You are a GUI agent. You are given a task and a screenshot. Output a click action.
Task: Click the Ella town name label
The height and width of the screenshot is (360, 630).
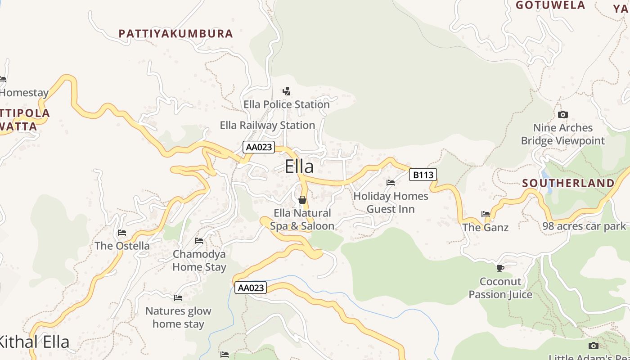point(299,167)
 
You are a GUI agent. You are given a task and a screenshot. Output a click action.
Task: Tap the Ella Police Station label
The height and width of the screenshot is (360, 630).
point(287,104)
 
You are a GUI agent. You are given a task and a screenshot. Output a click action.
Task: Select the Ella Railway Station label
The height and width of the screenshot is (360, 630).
point(267,125)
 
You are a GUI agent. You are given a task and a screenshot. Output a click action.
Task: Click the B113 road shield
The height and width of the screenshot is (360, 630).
point(423,175)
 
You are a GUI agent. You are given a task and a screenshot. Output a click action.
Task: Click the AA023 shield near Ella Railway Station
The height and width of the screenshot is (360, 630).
point(259,147)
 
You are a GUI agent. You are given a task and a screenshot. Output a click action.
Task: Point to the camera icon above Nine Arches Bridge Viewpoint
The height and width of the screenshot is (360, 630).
point(562,115)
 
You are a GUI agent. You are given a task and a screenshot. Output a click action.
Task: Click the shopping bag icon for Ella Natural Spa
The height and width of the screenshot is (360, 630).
point(302,199)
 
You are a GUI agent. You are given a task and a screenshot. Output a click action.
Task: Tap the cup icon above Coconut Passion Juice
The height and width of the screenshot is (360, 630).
point(500,269)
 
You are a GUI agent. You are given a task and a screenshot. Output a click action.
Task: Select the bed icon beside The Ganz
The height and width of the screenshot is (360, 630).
point(486,214)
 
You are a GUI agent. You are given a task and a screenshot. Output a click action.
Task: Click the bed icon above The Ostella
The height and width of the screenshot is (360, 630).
point(122,233)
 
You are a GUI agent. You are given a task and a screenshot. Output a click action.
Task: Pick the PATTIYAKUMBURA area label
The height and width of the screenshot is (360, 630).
point(176,34)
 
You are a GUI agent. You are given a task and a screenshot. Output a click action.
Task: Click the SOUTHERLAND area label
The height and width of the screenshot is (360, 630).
point(568,183)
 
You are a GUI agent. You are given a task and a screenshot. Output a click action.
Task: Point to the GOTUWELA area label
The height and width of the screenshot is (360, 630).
point(550,5)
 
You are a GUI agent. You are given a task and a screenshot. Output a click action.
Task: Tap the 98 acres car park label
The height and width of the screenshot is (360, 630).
point(584,226)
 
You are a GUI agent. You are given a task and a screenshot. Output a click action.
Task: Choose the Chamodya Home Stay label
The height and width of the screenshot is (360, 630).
point(199,261)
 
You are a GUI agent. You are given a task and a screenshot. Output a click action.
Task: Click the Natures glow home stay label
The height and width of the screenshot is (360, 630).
point(178,317)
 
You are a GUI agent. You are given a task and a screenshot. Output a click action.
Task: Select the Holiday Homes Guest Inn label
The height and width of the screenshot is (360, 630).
point(391,202)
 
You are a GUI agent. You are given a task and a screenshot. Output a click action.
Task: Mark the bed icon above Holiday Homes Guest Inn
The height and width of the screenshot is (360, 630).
point(391,183)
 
